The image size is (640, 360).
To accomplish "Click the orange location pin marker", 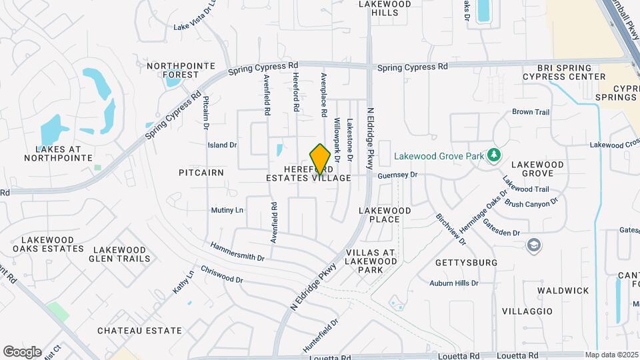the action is (320, 159).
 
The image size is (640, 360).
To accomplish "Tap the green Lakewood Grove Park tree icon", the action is (494, 156).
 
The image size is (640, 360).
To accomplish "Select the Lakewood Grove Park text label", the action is (438, 157).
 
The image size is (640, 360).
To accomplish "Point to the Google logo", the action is (22, 351).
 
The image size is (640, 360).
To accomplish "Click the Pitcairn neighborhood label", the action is (201, 173).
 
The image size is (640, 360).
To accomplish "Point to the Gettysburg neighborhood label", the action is (466, 263).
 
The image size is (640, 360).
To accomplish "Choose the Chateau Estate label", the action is (139, 331).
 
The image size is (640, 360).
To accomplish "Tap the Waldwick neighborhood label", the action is (564, 291).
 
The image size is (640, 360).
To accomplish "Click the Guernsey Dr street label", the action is (397, 175).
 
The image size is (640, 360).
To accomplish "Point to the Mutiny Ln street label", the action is (227, 210).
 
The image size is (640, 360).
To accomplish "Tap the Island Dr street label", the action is (223, 145).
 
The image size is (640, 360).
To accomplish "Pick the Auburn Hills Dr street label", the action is (454, 283).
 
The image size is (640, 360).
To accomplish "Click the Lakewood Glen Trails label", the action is (118, 254).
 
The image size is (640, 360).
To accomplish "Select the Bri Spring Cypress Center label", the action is (564, 72).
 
